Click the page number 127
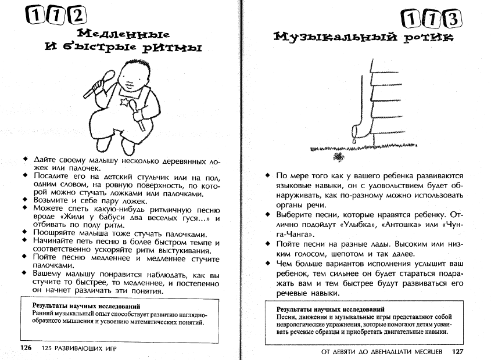click(x=457, y=351)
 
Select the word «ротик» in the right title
click(x=430, y=38)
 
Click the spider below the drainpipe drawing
click(x=338, y=157)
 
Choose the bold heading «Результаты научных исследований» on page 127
click(x=330, y=310)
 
